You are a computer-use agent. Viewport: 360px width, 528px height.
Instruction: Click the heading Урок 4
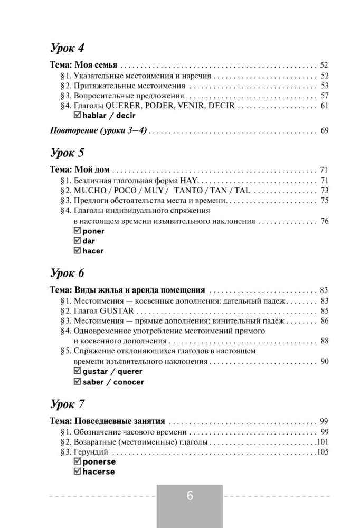point(67,48)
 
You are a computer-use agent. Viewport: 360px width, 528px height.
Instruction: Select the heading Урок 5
point(67,153)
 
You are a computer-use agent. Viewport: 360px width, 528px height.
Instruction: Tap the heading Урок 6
point(67,273)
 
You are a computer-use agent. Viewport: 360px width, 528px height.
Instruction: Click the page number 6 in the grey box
point(190,496)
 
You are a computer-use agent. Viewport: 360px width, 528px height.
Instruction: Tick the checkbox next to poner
point(78,231)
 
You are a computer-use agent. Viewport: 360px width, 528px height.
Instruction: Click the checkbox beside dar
point(78,241)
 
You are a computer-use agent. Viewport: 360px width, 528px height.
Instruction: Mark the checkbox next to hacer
point(78,251)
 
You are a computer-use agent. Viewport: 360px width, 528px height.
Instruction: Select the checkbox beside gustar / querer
point(78,371)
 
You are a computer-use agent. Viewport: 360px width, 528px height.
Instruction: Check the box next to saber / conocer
point(78,381)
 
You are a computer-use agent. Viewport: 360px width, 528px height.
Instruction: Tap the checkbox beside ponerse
point(78,461)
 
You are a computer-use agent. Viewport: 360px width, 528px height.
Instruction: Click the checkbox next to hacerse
point(78,472)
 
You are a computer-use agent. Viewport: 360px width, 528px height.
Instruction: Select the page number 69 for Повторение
point(324,130)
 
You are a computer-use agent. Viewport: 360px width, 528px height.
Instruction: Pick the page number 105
point(322,451)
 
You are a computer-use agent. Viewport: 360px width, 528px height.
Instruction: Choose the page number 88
point(324,341)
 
